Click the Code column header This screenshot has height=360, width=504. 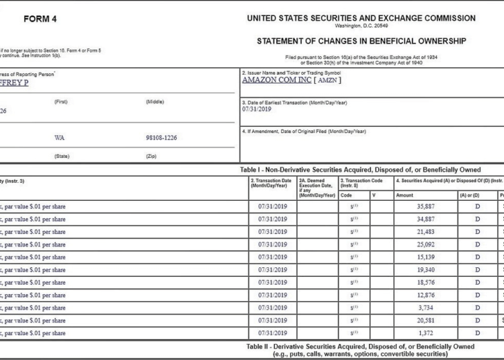(x=346, y=195)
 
